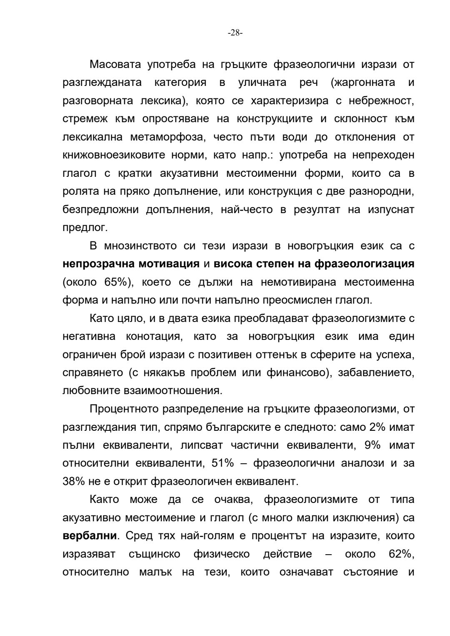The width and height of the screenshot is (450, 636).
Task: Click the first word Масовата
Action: [x=115, y=65]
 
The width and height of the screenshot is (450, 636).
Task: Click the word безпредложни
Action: [x=100, y=210]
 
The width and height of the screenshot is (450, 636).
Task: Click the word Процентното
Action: [x=129, y=409]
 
